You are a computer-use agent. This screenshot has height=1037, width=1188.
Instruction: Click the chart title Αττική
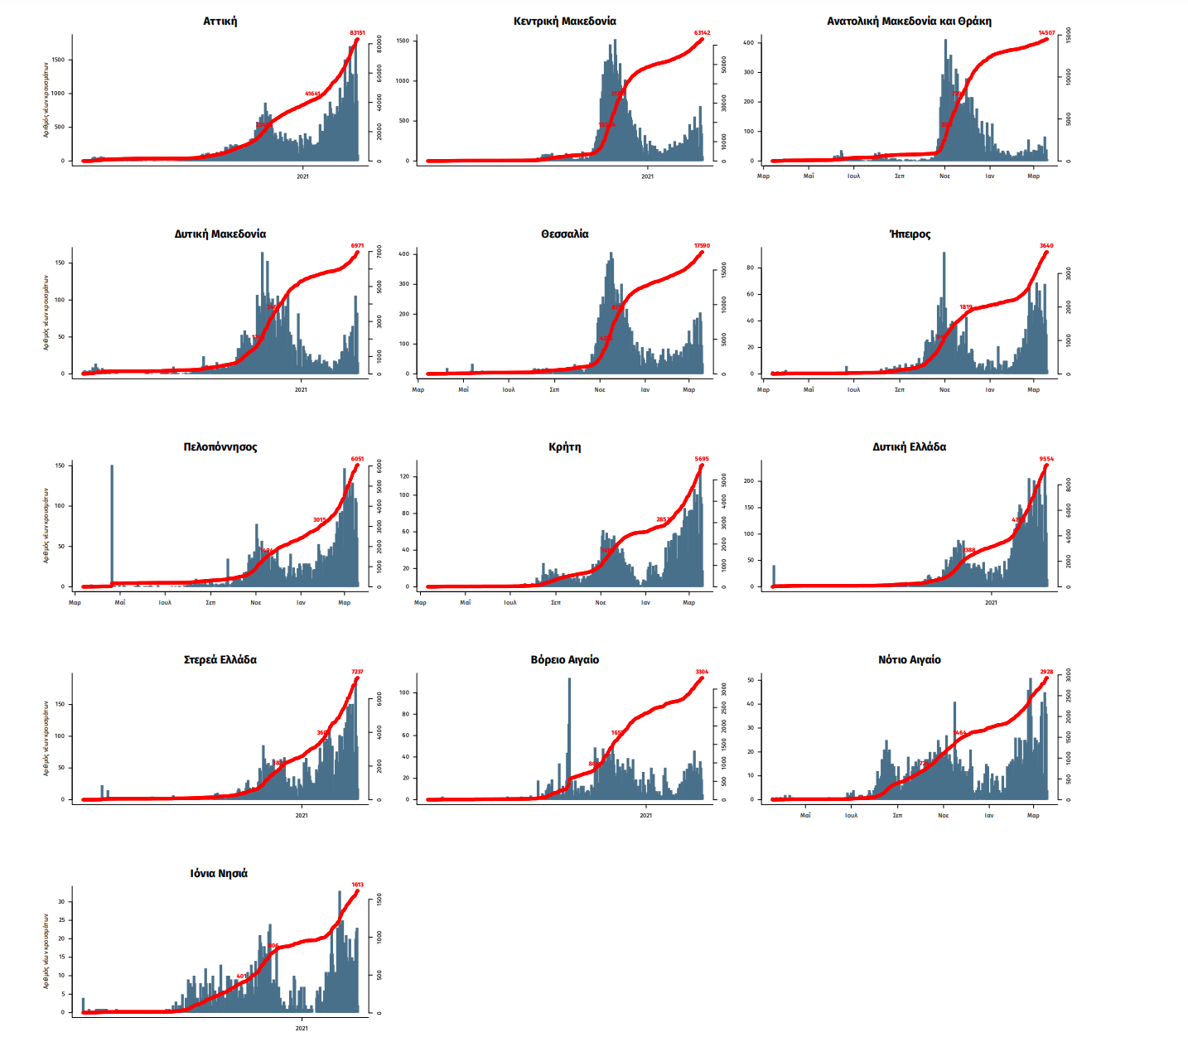[x=220, y=22]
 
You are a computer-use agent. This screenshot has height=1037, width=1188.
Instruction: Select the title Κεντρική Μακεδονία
[x=564, y=22]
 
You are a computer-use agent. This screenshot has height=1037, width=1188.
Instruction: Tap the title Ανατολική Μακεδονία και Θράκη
[x=909, y=22]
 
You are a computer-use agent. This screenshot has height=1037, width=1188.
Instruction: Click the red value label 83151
[x=357, y=33]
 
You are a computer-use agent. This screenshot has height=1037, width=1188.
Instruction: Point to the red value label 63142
[x=702, y=33]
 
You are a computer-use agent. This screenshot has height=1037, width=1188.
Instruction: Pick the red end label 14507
[x=1046, y=33]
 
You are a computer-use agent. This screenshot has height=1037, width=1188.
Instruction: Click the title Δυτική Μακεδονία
[x=220, y=234]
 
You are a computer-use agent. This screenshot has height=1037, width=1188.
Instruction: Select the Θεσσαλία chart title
[x=564, y=234]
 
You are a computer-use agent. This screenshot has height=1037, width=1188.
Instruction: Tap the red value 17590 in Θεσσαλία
[x=702, y=246]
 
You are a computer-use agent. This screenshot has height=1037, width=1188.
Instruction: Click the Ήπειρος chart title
[x=909, y=234]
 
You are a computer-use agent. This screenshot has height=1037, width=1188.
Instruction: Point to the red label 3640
[x=1046, y=246]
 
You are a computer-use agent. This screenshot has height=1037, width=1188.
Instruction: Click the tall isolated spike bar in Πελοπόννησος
[x=112, y=522]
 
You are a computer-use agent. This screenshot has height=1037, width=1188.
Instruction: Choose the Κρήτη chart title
[x=564, y=447]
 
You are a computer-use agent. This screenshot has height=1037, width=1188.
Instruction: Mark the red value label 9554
[x=1046, y=459]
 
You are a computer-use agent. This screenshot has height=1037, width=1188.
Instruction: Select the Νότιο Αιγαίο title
[x=909, y=660]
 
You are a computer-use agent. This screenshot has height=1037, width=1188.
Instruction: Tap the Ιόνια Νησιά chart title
[x=219, y=874]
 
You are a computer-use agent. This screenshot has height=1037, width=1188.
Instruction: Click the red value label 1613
[x=357, y=885]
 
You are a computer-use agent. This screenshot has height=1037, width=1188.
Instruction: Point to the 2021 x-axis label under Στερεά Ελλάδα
[x=302, y=816]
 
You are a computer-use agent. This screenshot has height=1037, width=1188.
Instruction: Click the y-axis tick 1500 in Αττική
[x=57, y=60]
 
